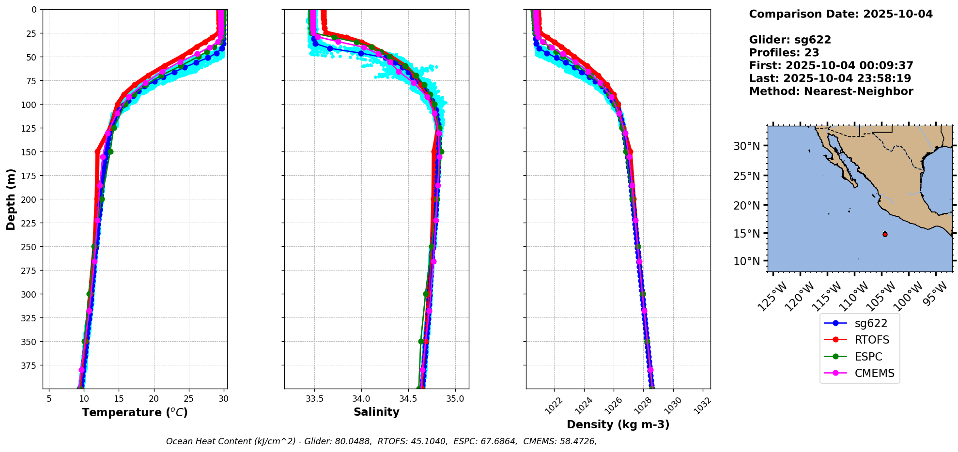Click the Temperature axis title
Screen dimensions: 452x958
coord(135,412)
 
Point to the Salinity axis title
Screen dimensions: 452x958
coord(376,412)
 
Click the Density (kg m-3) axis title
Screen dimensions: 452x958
coord(618,424)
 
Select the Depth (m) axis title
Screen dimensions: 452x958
coord(11,199)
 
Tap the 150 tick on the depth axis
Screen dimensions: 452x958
coord(30,152)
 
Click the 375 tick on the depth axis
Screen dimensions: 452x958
coord(30,365)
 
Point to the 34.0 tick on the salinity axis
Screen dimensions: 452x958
coord(361,399)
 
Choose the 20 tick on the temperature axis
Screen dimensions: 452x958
coord(154,399)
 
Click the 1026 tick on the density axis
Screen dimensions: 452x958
coord(611,406)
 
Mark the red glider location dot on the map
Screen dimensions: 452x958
coord(885,234)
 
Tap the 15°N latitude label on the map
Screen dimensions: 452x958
coord(746,234)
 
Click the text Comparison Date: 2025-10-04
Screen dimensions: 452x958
coord(840,14)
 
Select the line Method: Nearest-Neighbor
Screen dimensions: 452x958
coord(831,91)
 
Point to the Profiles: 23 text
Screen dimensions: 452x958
coord(784,53)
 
